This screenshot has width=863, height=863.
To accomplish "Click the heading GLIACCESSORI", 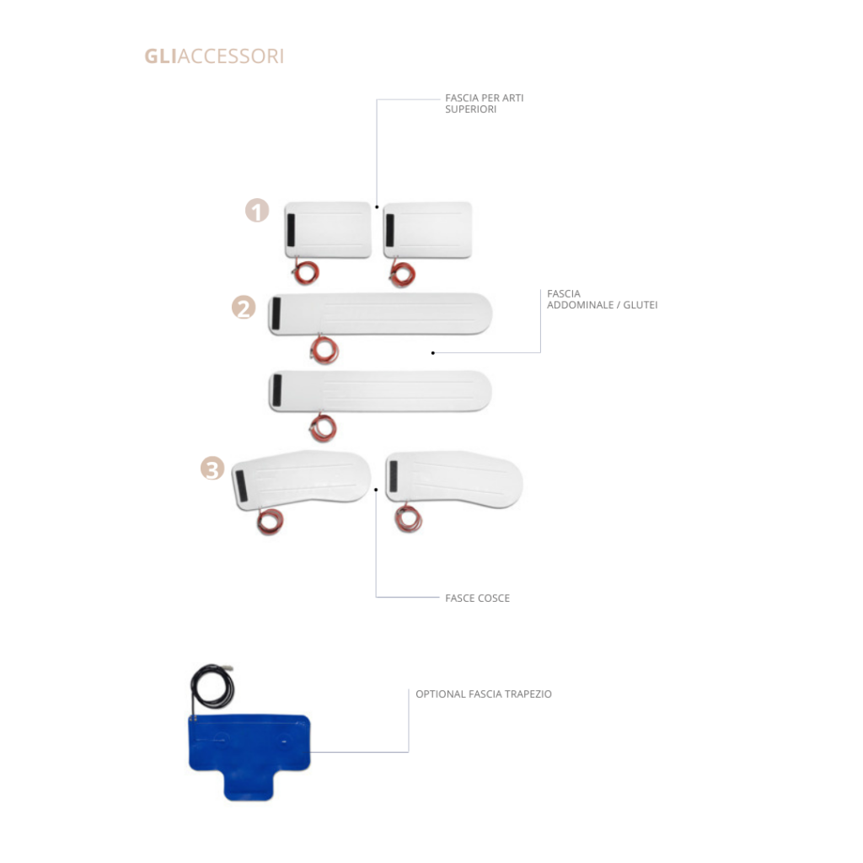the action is pyautogui.click(x=214, y=56).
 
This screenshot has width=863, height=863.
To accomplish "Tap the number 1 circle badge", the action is pyautogui.click(x=257, y=210).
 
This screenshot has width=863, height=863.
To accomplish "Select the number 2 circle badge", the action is pyautogui.click(x=244, y=308).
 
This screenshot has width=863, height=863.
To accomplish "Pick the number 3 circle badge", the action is pyautogui.click(x=212, y=469).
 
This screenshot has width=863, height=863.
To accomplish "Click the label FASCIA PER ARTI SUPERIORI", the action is pyautogui.click(x=485, y=104).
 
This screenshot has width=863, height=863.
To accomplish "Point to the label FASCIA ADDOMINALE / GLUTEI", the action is pyautogui.click(x=602, y=299).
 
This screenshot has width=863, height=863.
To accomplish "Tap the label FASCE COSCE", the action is pyautogui.click(x=477, y=598).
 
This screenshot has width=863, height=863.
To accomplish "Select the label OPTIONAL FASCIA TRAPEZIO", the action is pyautogui.click(x=483, y=694).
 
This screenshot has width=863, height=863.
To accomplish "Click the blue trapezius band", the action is pyautogui.click(x=249, y=757).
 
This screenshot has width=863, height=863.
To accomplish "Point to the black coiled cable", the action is pyautogui.click(x=212, y=687).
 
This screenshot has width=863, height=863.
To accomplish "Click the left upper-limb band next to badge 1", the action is pyautogui.click(x=328, y=230).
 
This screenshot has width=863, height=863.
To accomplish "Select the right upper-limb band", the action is pyautogui.click(x=427, y=230).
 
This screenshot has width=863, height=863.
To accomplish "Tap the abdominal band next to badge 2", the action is pyautogui.click(x=380, y=314).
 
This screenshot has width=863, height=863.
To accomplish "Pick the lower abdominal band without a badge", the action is pyautogui.click(x=380, y=391).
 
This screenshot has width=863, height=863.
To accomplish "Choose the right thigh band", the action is pyautogui.click(x=454, y=479).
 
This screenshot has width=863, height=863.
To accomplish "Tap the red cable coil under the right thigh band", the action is pyautogui.click(x=409, y=518).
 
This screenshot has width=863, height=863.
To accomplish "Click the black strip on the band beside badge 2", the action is pyautogui.click(x=276, y=314).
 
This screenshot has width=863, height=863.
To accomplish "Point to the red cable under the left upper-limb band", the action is pyautogui.click(x=305, y=272).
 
